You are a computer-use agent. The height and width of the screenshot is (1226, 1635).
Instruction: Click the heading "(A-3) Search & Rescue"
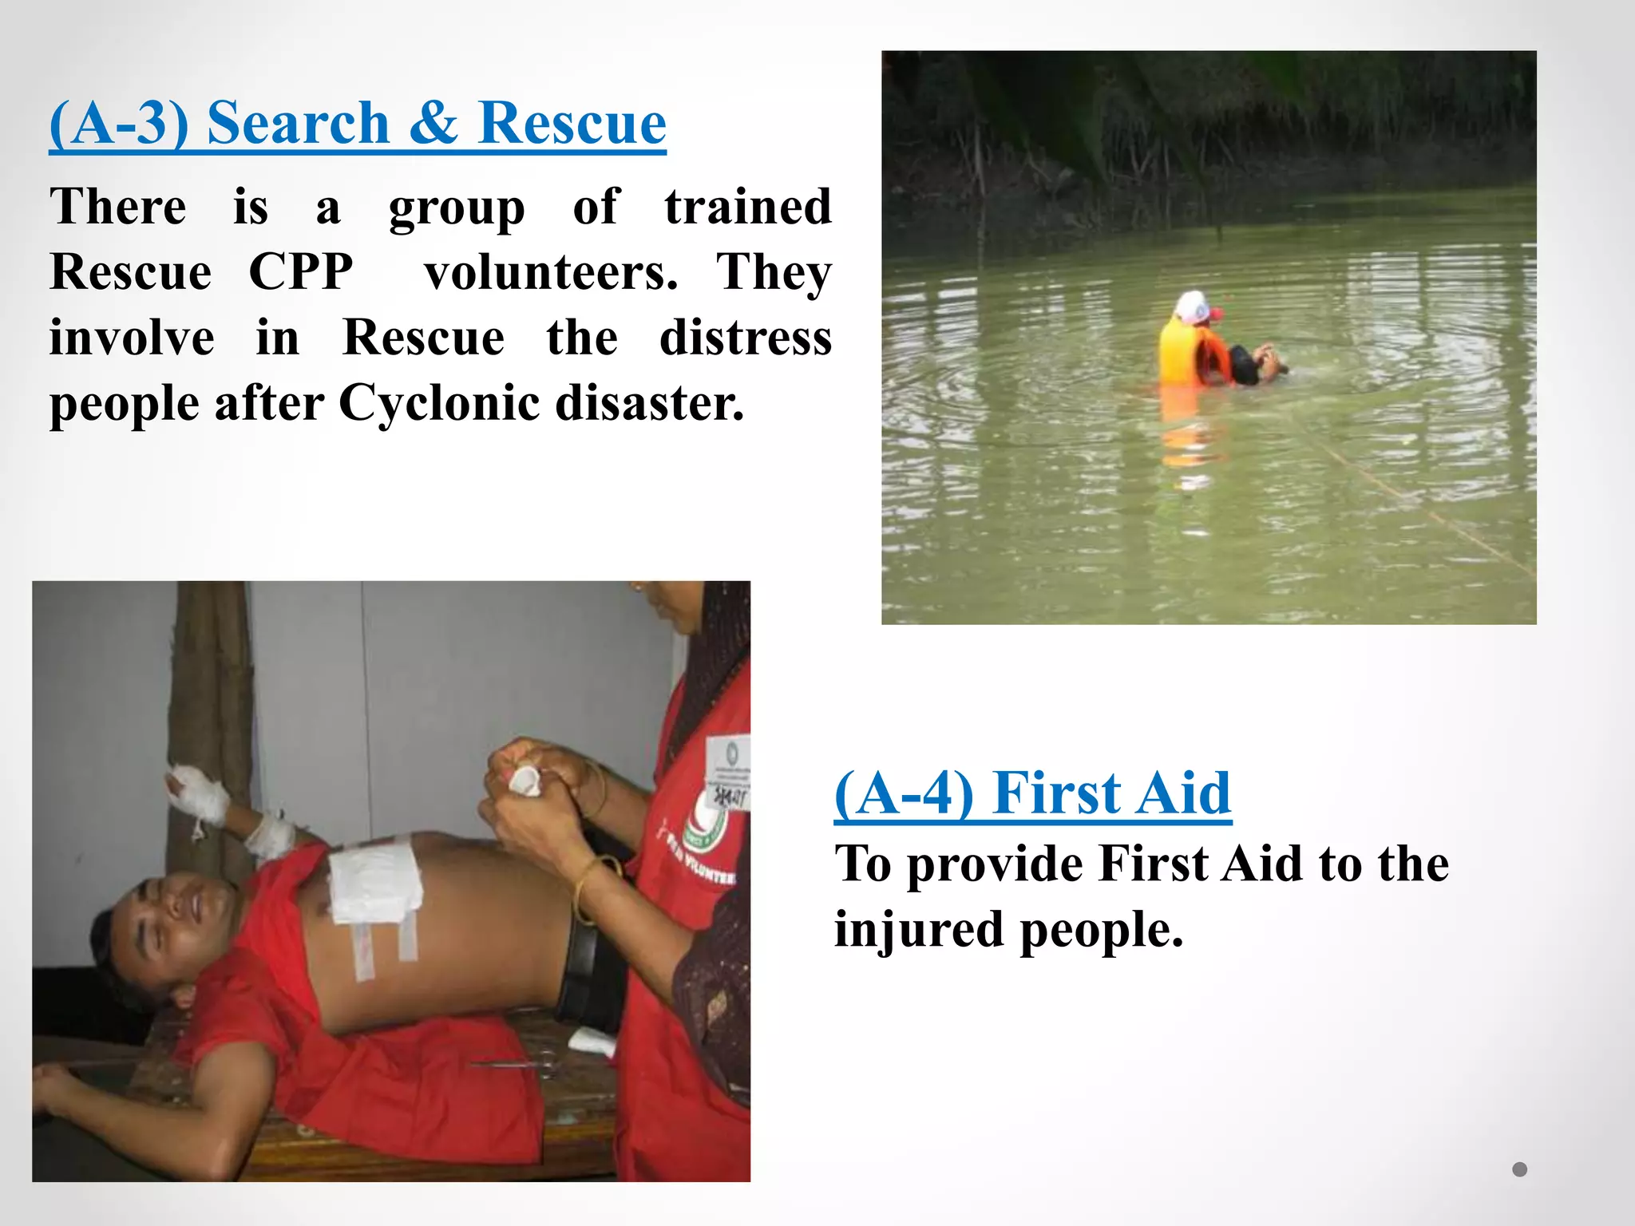click(x=357, y=123)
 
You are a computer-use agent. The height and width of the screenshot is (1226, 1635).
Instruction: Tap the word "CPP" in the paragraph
click(x=301, y=271)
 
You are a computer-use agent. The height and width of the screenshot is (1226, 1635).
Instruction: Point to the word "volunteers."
click(x=551, y=271)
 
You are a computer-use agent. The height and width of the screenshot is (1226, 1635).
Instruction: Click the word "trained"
click(x=748, y=206)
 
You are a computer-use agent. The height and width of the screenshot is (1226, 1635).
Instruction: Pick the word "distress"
click(x=746, y=337)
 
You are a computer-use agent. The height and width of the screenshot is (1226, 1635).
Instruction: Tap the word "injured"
click(x=919, y=930)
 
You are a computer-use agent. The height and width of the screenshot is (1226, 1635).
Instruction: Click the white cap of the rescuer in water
click(x=1191, y=306)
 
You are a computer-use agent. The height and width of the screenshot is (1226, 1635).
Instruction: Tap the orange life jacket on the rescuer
click(x=1182, y=352)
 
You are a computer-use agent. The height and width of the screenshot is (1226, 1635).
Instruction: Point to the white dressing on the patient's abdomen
click(x=375, y=878)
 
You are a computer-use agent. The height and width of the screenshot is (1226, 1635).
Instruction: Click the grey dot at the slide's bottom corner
click(x=1519, y=1169)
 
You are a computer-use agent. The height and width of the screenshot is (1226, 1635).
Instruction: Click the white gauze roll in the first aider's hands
click(x=525, y=779)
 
